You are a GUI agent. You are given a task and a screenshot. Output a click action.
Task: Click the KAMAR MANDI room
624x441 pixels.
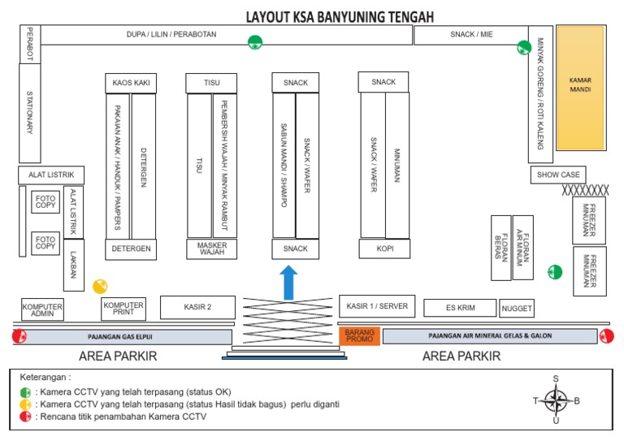(x=580, y=87)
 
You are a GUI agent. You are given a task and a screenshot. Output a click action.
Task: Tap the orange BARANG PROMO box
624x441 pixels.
(x=359, y=335)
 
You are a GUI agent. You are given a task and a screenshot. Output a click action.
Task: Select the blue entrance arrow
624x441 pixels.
(x=288, y=281)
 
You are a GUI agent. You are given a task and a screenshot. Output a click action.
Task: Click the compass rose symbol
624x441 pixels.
(x=556, y=399)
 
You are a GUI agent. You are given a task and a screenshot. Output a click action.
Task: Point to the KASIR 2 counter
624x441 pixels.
(x=197, y=307)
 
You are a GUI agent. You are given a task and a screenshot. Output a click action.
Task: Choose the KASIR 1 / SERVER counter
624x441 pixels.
(x=377, y=305)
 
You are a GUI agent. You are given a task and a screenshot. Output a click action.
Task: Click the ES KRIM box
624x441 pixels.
(x=460, y=308)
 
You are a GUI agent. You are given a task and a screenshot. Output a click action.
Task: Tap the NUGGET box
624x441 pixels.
(x=517, y=309)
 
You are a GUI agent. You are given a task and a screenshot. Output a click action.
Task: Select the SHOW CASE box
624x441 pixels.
(x=558, y=175)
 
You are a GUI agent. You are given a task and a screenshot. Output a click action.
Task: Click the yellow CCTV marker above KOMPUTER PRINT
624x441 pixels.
(x=100, y=286)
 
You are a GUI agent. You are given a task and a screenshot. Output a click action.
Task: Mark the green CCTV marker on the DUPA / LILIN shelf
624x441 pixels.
(x=255, y=42)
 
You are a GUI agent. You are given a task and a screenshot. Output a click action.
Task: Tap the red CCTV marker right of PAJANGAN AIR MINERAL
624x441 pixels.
(x=606, y=336)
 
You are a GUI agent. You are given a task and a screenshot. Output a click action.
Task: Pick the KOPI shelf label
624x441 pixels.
(x=384, y=249)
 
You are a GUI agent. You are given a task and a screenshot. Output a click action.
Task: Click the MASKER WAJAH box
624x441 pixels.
(x=212, y=249)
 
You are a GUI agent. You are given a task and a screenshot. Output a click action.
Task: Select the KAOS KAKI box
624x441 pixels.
(x=130, y=83)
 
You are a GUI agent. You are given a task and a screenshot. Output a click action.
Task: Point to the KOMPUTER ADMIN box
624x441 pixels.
(x=42, y=309)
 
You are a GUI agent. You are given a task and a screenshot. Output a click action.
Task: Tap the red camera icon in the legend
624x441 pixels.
(x=26, y=417)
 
